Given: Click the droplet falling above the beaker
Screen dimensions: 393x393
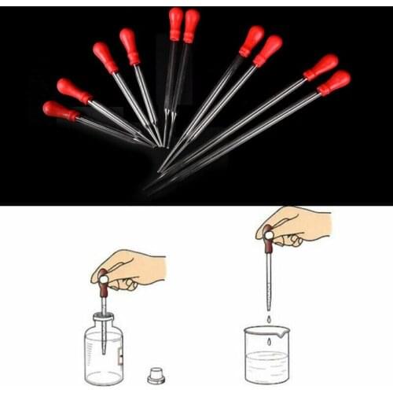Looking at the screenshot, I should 269,318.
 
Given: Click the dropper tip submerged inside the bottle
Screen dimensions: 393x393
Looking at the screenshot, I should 103,346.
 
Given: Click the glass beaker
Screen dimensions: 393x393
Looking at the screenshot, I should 267,354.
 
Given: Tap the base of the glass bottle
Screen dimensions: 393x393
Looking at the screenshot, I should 104,379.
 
